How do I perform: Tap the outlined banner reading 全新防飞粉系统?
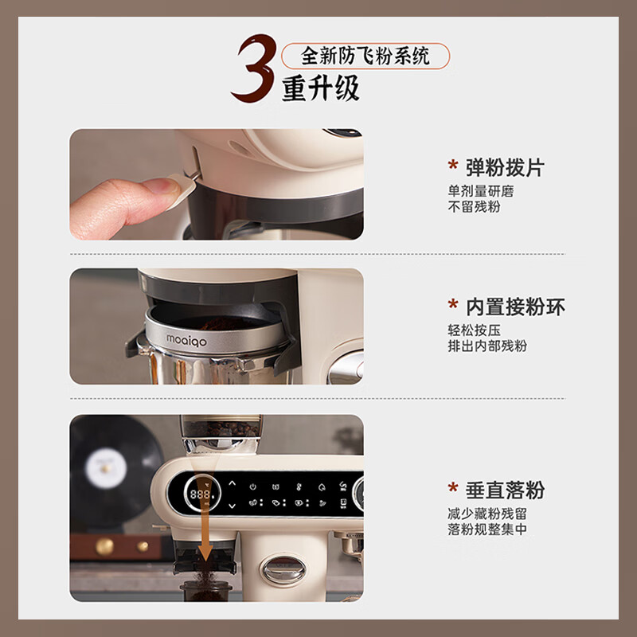point(365,56)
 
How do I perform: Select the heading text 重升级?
point(321,88)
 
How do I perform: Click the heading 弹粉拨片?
point(505,167)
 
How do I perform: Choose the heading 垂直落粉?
point(505,490)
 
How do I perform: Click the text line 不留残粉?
point(474,207)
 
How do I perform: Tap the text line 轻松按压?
point(474,330)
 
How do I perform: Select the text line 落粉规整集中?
point(487,530)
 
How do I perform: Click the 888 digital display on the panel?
point(201,494)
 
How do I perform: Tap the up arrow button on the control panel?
point(232,483)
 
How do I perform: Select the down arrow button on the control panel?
point(232,506)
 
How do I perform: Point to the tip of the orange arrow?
point(205,557)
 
